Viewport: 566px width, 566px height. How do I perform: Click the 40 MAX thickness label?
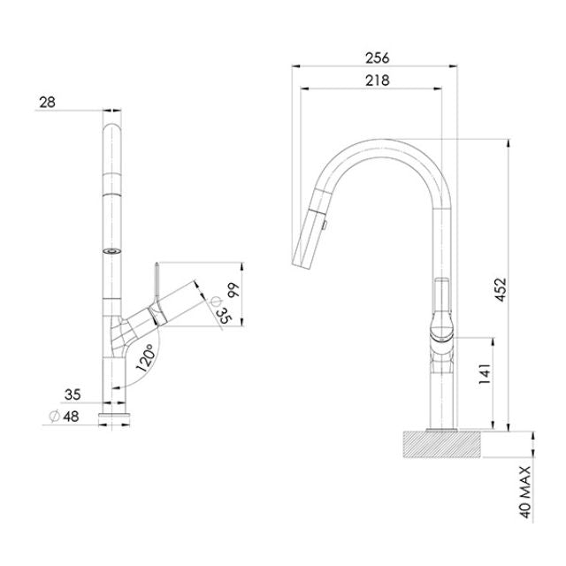524,491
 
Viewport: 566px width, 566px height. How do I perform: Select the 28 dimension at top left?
47,103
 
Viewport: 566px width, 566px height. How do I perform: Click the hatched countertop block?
441,444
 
